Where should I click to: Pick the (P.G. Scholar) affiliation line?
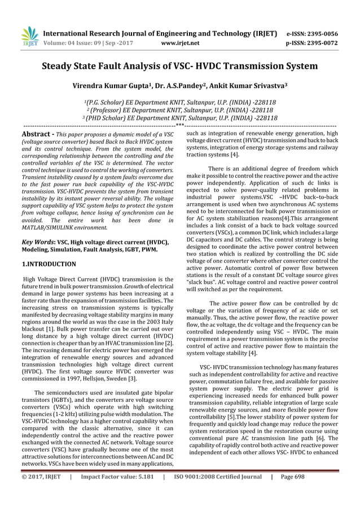(x=179, y=103)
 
